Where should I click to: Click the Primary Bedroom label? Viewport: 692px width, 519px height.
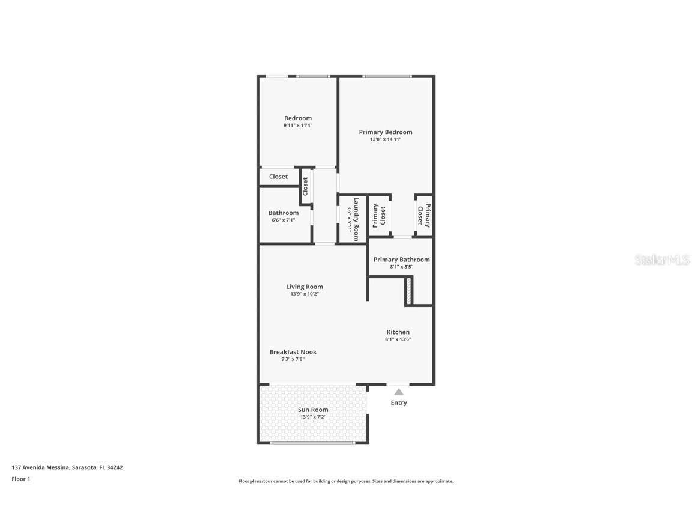click(386, 132)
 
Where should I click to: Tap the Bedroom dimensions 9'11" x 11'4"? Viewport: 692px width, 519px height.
click(298, 126)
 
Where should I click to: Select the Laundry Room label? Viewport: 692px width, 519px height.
click(356, 219)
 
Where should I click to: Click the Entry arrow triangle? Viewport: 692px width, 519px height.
click(399, 392)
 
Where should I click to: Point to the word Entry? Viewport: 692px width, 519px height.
click(399, 402)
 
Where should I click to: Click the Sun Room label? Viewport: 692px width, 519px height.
click(313, 410)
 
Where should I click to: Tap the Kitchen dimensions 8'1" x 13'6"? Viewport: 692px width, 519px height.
click(398, 339)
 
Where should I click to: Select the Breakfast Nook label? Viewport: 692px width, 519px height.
click(293, 352)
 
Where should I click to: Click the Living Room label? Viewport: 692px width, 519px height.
click(305, 287)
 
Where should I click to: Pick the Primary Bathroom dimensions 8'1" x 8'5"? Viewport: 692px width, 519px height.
click(401, 266)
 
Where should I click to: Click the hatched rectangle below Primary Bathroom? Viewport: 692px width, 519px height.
click(408, 290)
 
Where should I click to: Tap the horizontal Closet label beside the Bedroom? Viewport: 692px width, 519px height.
click(278, 177)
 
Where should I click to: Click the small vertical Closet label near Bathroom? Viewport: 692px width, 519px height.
click(305, 186)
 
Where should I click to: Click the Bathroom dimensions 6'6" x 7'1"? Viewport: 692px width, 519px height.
click(283, 220)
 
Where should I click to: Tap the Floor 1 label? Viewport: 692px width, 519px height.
click(20, 479)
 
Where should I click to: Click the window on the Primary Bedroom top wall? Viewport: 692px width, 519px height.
click(386, 76)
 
